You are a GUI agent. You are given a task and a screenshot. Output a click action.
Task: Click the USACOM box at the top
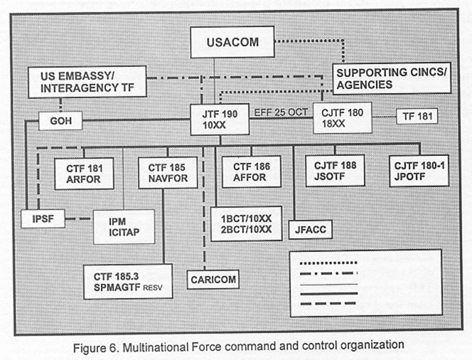232,42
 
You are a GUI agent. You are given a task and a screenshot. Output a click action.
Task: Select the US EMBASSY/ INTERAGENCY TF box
87,82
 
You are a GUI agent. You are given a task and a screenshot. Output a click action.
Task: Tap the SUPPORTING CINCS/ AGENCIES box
392,78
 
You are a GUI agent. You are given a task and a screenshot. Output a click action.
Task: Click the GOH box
61,121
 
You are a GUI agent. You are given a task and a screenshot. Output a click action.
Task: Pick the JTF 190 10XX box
220,120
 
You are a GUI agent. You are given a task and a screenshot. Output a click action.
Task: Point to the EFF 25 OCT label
281,112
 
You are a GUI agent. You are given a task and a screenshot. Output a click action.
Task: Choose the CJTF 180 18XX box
343,118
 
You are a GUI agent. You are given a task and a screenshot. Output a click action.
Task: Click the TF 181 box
417,116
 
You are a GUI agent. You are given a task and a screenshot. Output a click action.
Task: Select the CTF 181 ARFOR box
85,174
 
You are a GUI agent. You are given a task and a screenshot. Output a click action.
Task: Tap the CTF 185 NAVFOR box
168,173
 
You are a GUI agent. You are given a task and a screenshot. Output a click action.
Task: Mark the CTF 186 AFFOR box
252,171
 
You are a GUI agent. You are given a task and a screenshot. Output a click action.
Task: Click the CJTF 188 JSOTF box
335,171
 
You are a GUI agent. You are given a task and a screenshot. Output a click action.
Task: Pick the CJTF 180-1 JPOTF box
419,171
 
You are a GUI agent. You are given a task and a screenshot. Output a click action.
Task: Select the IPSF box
43,218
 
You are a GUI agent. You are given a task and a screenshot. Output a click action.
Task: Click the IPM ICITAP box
124,227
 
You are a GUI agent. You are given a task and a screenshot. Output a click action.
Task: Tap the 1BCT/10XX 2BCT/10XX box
246,224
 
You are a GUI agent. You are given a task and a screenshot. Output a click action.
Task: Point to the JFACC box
311,230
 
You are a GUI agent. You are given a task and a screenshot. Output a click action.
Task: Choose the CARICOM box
213,280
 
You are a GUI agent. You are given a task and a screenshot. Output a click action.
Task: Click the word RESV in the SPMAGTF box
153,287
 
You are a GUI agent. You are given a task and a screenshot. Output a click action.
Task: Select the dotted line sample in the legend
328,263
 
